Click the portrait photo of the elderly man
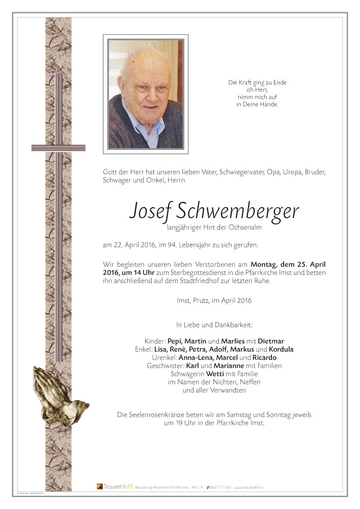146,94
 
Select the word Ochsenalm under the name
244,228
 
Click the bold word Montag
268,264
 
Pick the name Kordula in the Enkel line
281,349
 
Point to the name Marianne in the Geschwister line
230,365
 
